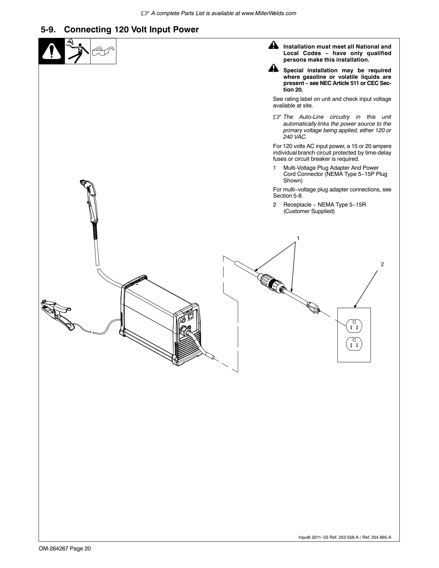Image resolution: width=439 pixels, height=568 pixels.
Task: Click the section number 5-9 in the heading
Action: coord(48,30)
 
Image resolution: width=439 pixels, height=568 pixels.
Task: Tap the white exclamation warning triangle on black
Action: coord(52,51)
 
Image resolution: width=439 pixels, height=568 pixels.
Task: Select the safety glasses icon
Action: coord(103,51)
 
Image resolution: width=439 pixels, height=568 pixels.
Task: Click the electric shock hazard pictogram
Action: coord(77,51)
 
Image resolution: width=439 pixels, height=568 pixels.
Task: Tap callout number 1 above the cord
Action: coord(298,238)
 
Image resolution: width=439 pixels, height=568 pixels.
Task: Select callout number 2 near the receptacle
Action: coord(382,264)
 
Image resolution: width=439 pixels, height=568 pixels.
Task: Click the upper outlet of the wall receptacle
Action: coord(354,326)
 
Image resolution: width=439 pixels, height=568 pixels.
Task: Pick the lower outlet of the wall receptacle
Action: coord(354,344)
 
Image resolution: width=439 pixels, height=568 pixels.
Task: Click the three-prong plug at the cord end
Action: coord(313,308)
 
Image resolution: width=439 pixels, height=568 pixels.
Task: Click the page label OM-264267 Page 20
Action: coord(65,548)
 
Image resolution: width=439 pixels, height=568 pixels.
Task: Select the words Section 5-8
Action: coord(288,196)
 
